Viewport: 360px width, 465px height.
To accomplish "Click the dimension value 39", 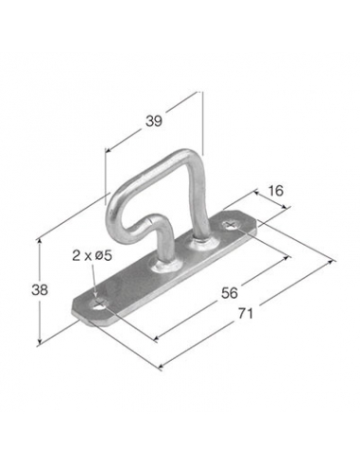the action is pyautogui.click(x=154, y=121).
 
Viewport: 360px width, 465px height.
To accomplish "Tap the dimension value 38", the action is pyautogui.click(x=40, y=290).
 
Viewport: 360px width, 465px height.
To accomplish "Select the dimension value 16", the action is pyautogui.click(x=276, y=191).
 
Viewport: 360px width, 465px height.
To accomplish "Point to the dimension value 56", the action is pyautogui.click(x=230, y=293).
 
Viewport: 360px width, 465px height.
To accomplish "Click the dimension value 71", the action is pyautogui.click(x=246, y=313).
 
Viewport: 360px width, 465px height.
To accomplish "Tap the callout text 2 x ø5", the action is pyautogui.click(x=92, y=255).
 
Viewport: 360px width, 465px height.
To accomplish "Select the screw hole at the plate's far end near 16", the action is pyautogui.click(x=231, y=225).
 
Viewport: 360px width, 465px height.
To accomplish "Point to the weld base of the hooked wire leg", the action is pyautogui.click(x=166, y=267).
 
